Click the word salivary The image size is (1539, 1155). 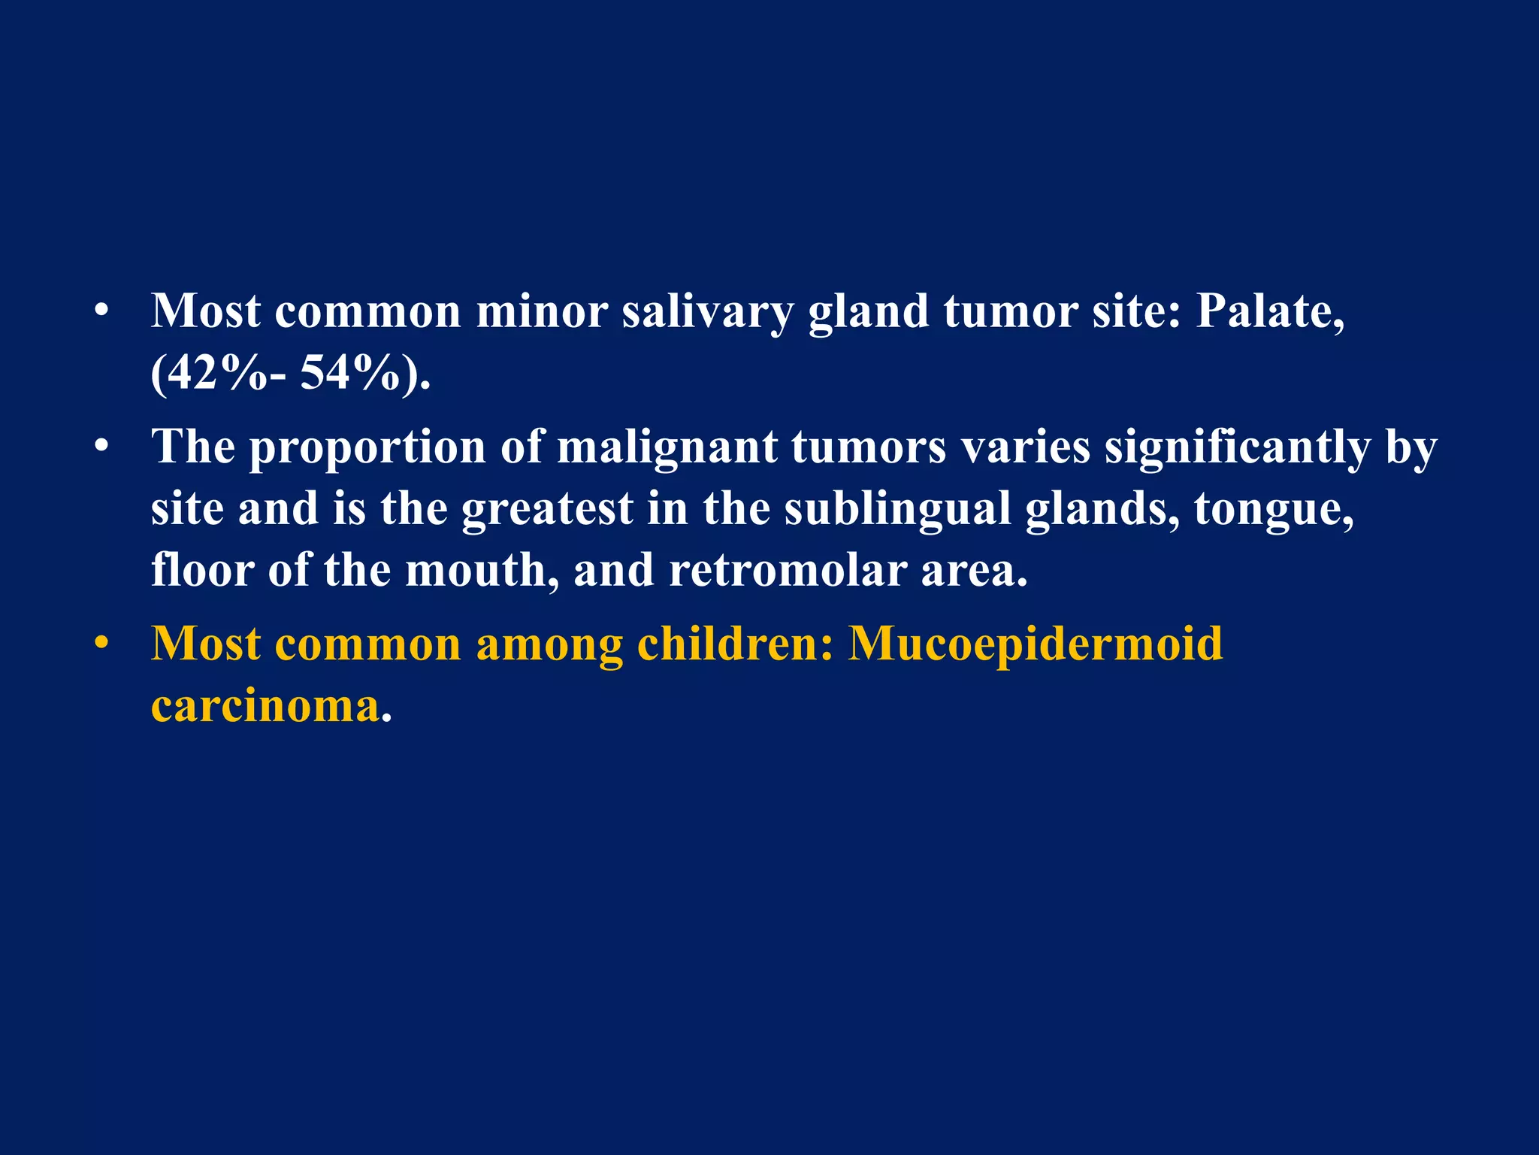(707, 312)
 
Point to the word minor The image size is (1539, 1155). (542, 311)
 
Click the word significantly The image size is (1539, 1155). (1237, 449)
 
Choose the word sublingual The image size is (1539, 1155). (897, 509)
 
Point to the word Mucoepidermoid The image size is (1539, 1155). (1036, 644)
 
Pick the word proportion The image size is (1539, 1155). (367, 449)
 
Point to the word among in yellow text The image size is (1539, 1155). (549, 646)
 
